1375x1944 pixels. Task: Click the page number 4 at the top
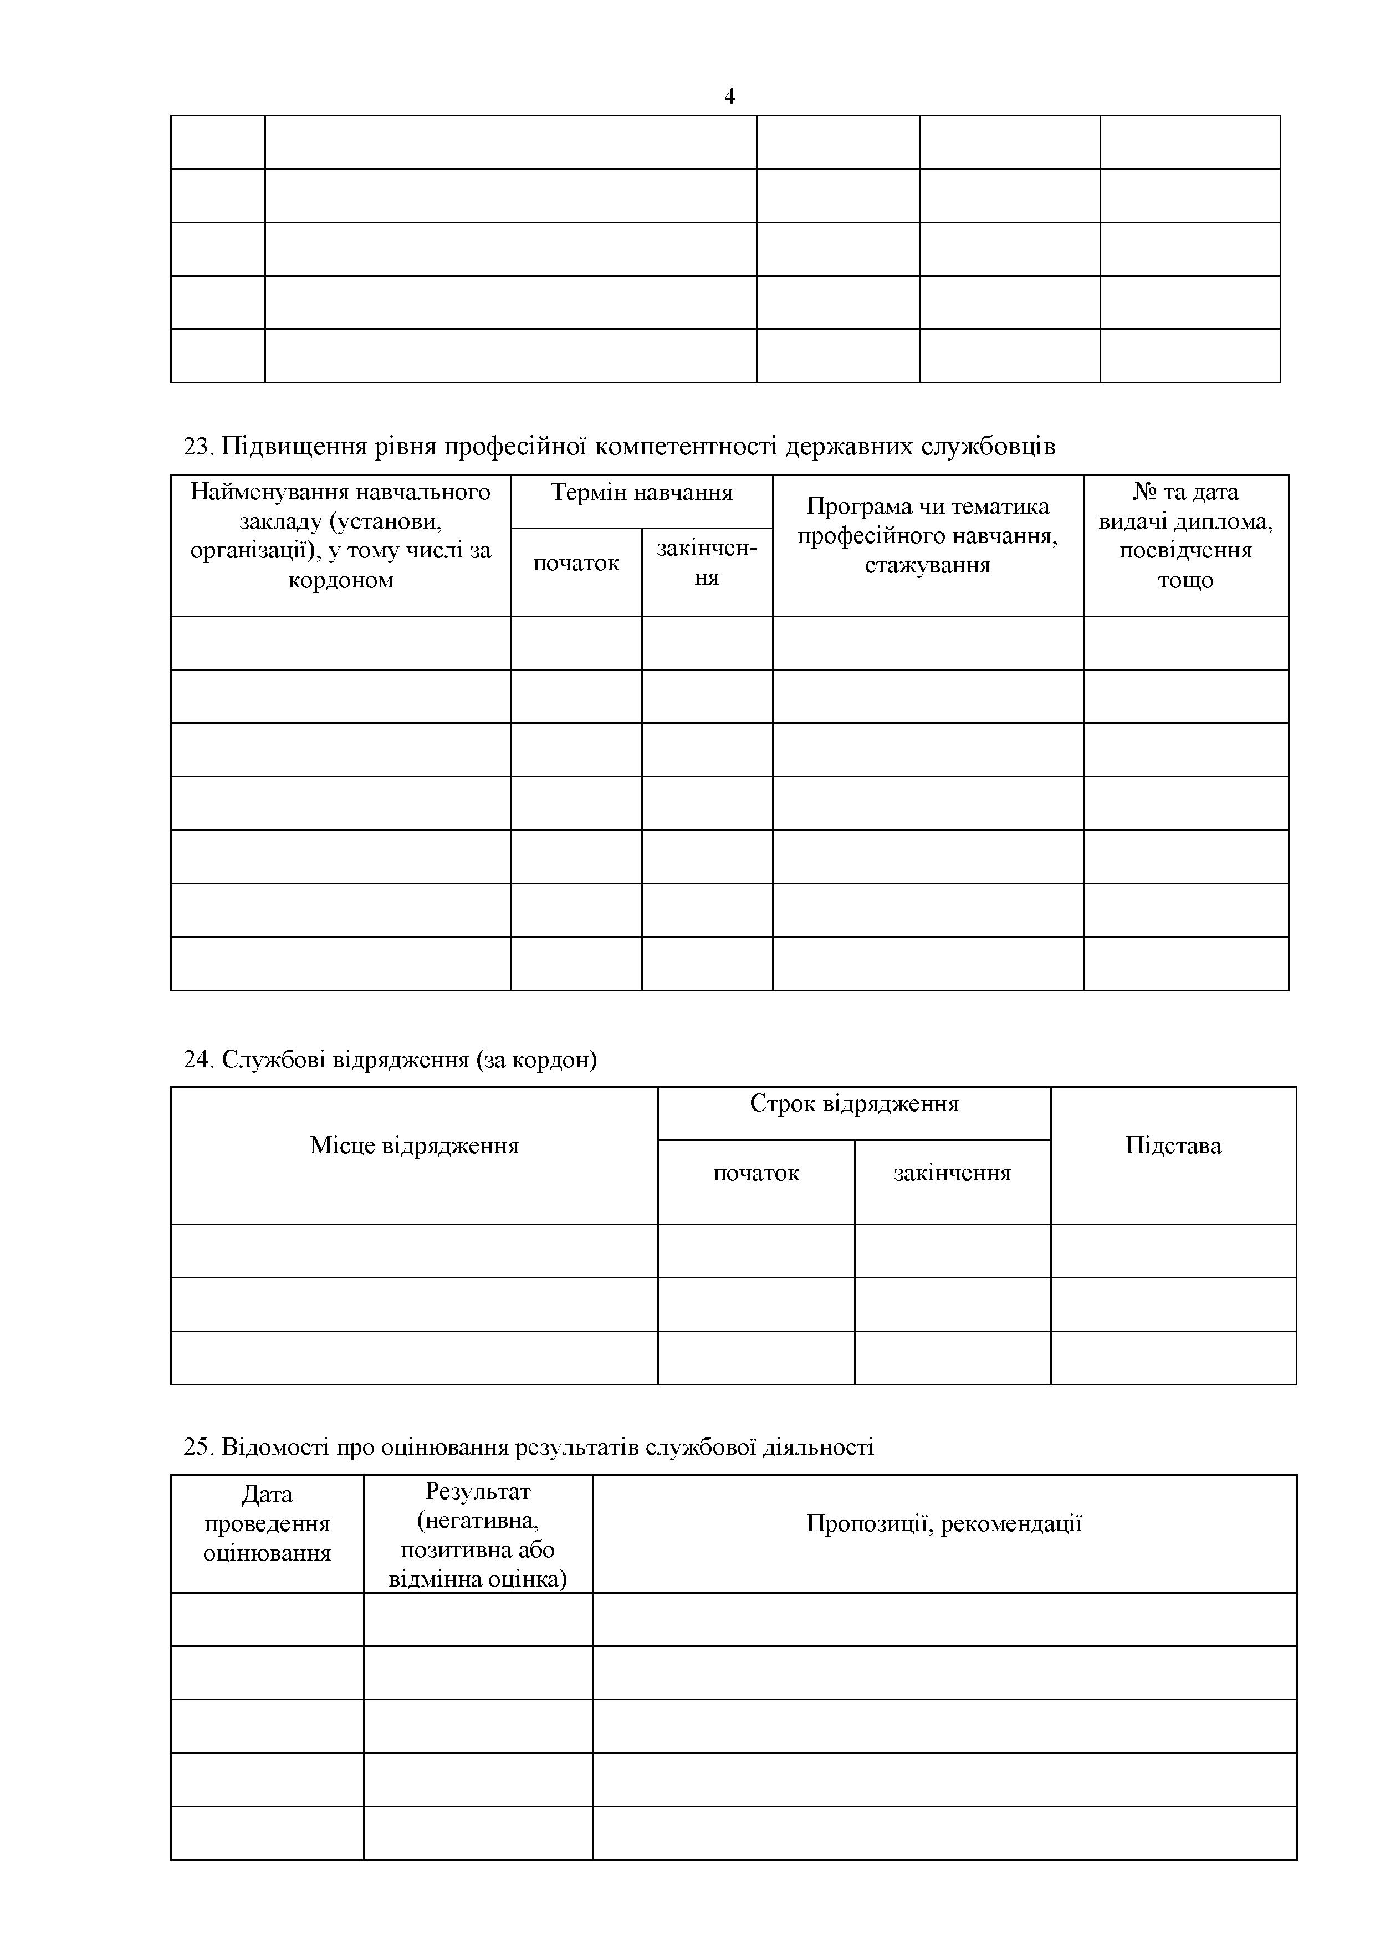coord(729,96)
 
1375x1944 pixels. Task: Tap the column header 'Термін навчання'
coord(641,492)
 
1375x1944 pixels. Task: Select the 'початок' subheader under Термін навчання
coord(576,563)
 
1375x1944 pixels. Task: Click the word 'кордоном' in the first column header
coord(340,580)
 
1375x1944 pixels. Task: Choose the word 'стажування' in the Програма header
coord(927,565)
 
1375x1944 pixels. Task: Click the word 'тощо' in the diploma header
coord(1185,580)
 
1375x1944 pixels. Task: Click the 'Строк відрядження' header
coord(853,1103)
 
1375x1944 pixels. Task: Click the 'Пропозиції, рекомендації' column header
coord(944,1523)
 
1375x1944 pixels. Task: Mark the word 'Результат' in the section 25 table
coord(478,1491)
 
